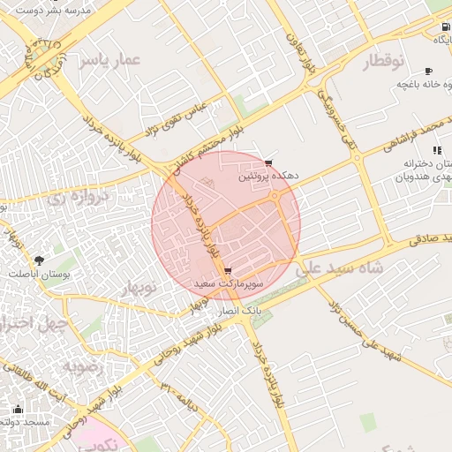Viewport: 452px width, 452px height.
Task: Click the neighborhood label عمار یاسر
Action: click(x=109, y=60)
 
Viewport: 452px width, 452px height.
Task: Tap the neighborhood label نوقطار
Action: click(x=382, y=61)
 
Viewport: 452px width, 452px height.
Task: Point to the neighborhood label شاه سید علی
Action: click(x=341, y=267)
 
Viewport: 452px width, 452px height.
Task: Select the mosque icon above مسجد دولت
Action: click(x=19, y=409)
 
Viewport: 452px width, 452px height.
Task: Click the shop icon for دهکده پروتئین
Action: click(x=268, y=163)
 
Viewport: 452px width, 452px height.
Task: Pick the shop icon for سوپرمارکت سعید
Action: click(x=229, y=271)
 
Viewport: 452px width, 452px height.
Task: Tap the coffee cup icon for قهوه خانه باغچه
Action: click(x=429, y=71)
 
